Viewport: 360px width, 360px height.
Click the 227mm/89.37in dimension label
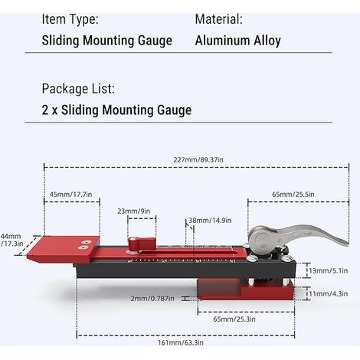click(x=198, y=160)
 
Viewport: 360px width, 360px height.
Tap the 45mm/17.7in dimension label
click(x=70, y=195)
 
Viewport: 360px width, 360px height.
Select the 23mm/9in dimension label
click(x=134, y=211)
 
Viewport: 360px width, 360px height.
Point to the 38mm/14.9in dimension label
click(x=210, y=221)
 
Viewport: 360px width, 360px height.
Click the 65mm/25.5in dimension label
click(x=293, y=195)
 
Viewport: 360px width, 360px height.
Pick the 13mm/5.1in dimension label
click(x=329, y=270)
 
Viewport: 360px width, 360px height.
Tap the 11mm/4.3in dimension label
click(x=329, y=293)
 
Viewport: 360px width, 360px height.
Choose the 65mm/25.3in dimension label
click(x=234, y=319)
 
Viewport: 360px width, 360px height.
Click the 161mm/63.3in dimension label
click(x=181, y=342)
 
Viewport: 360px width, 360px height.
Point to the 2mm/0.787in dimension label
click(x=152, y=298)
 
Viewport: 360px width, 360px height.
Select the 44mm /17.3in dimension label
click(x=11, y=240)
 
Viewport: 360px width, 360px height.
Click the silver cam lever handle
click(x=296, y=236)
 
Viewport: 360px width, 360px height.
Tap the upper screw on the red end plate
click(x=86, y=241)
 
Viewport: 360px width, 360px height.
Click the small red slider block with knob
click(x=142, y=244)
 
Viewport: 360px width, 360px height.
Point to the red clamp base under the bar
click(x=246, y=289)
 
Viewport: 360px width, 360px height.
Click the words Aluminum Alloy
click(x=238, y=41)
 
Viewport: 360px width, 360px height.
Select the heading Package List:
click(x=78, y=89)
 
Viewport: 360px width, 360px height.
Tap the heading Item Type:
click(x=70, y=19)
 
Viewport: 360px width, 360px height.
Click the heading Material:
click(x=218, y=19)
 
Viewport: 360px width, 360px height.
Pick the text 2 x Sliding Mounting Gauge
click(x=116, y=110)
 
